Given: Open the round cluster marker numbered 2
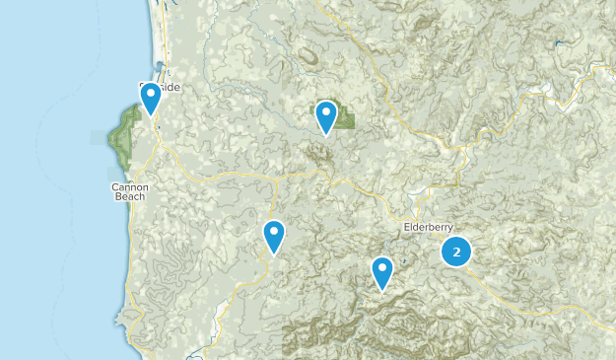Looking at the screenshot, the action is click(x=456, y=252).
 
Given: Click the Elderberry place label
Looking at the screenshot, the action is click(x=430, y=228).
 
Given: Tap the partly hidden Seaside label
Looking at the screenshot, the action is click(x=168, y=87).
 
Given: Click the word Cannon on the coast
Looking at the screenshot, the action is click(x=130, y=186).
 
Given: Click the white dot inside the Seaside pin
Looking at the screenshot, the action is click(x=151, y=95).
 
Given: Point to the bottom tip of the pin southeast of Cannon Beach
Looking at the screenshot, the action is click(x=274, y=255).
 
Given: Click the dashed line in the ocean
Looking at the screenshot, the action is click(x=44, y=148).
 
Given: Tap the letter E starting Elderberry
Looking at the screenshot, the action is click(x=407, y=228).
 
